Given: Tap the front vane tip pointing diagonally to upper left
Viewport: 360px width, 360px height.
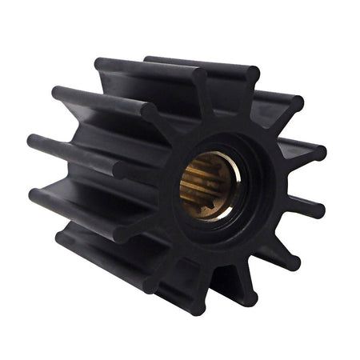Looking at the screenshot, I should point(151,111).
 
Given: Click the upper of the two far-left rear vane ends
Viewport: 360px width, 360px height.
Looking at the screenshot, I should point(33,142).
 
